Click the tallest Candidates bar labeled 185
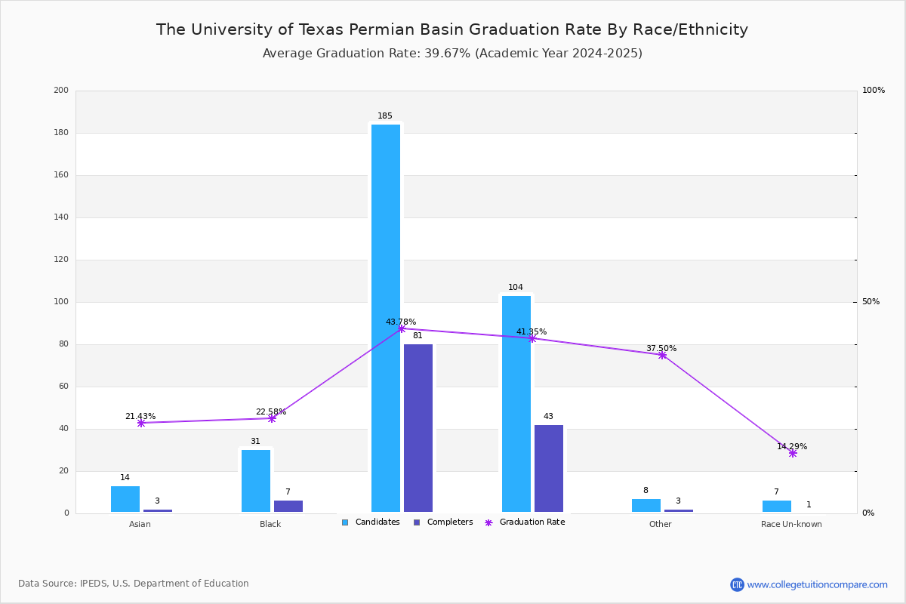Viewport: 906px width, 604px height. click(386, 319)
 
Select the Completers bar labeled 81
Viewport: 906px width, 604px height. click(418, 428)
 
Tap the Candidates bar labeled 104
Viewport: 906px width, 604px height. click(516, 404)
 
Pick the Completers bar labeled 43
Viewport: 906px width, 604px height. click(549, 468)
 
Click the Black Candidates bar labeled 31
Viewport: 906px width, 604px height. click(256, 481)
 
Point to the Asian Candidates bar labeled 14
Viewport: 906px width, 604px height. click(125, 499)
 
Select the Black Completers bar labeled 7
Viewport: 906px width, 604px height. click(288, 506)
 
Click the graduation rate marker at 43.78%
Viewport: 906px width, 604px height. click(402, 329)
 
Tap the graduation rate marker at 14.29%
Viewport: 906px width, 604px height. click(793, 454)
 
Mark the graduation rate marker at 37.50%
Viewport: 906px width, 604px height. click(662, 355)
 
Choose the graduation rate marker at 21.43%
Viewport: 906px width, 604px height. click(141, 423)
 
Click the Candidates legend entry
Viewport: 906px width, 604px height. click(371, 522)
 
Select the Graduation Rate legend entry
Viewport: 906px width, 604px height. click(525, 522)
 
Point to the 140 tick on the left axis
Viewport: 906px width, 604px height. click(61, 217)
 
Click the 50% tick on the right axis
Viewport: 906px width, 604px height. click(871, 302)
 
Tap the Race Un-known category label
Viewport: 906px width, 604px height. click(791, 524)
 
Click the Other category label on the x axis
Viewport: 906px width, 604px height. click(661, 524)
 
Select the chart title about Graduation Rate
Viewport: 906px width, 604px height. click(452, 29)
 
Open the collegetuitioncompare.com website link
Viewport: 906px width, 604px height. click(809, 584)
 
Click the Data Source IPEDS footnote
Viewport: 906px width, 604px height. click(134, 584)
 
